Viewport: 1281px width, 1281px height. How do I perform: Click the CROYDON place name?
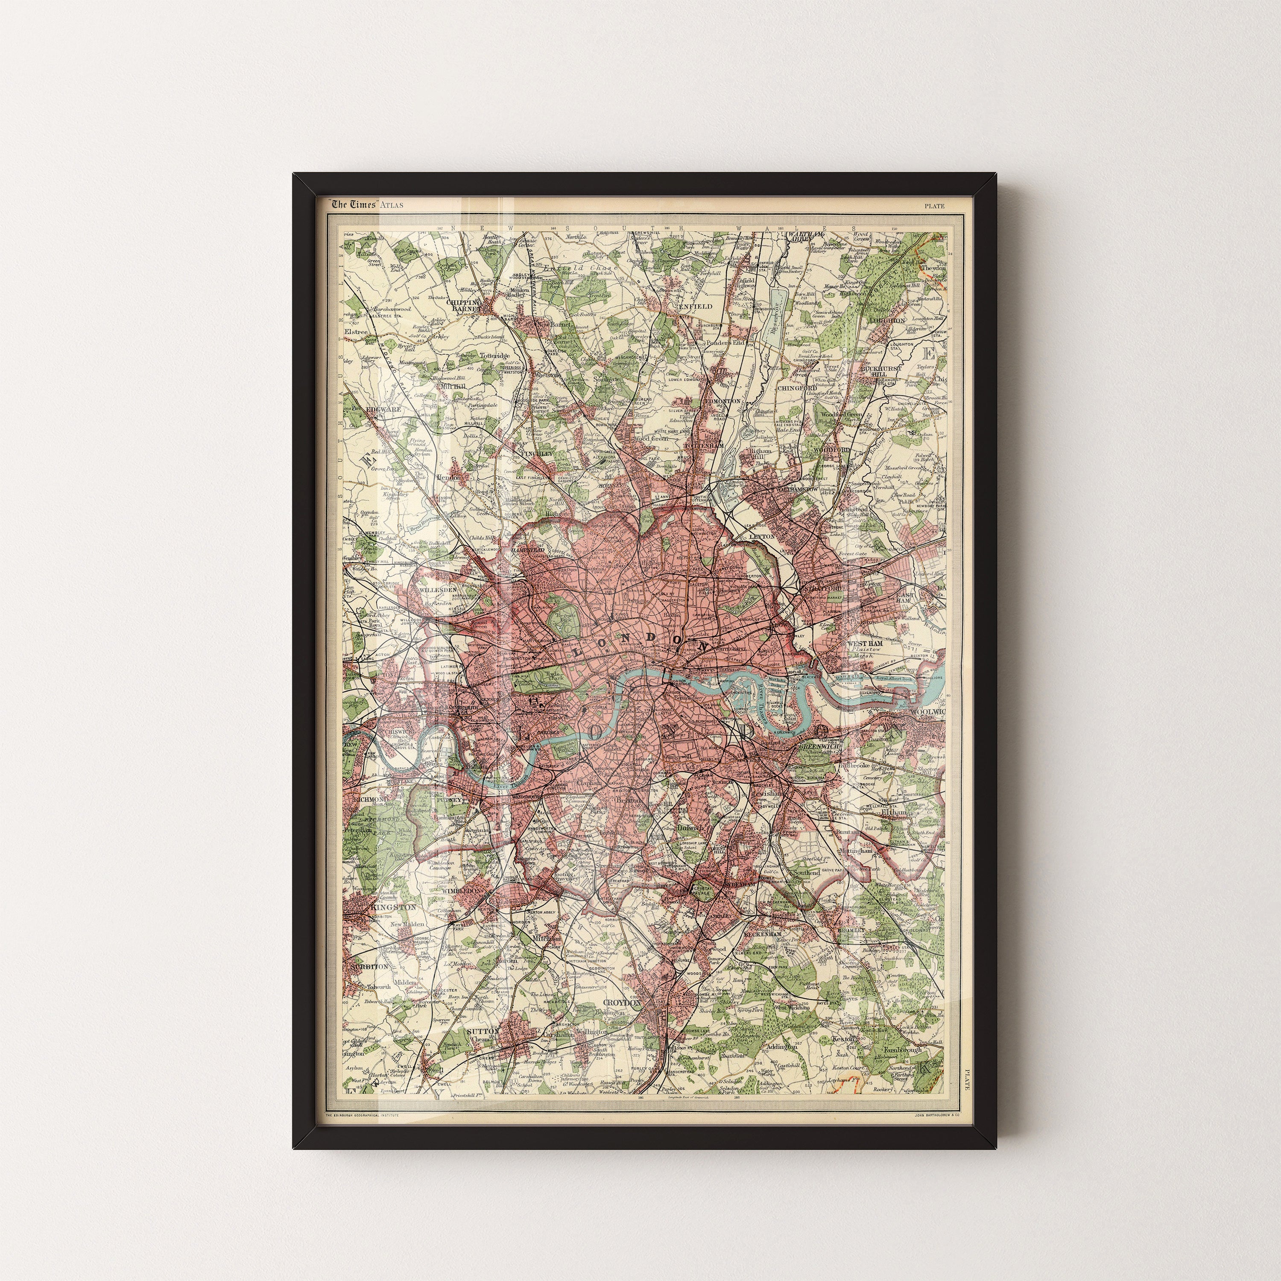tap(623, 1022)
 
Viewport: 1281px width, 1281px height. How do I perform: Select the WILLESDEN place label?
tap(436, 589)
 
